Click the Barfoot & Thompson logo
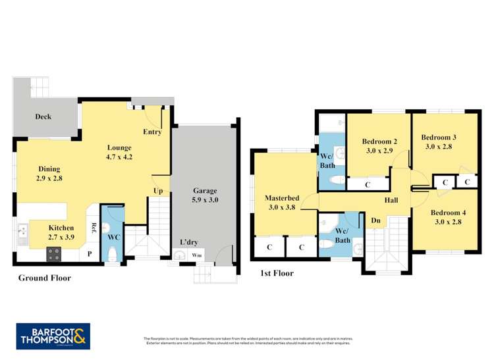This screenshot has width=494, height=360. tap(53, 336)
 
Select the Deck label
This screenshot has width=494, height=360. tap(43, 116)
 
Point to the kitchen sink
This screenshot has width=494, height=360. tap(22, 231)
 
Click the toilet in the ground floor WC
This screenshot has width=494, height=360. tap(111, 253)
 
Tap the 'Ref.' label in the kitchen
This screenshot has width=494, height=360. tap(94, 228)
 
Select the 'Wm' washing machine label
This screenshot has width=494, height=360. tap(196, 255)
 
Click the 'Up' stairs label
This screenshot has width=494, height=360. tap(158, 191)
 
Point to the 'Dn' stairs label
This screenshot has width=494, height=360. tap(375, 220)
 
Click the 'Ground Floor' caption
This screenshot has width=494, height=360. tap(44, 278)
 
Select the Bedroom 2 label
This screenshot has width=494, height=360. tap(379, 145)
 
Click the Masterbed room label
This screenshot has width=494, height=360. tap(282, 202)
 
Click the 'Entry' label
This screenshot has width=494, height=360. tap(152, 132)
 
